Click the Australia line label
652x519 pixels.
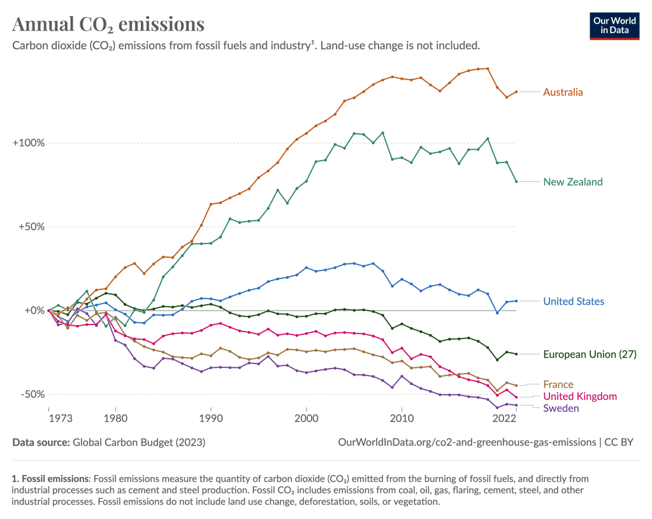(x=562, y=92)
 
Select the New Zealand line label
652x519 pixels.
(x=572, y=182)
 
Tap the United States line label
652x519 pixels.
(x=573, y=302)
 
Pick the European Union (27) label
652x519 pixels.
(x=590, y=355)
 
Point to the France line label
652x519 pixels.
(x=558, y=384)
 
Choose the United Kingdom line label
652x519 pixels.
(x=580, y=397)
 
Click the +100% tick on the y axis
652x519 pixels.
(x=29, y=143)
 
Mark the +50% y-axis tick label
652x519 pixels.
(x=31, y=227)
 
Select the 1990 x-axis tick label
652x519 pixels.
(x=211, y=419)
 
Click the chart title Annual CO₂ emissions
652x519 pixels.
(x=108, y=24)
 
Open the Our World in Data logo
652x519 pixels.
(x=614, y=25)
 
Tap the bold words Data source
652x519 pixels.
(x=41, y=442)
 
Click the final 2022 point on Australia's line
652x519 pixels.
(x=516, y=92)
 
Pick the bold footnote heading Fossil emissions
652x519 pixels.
(x=55, y=478)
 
